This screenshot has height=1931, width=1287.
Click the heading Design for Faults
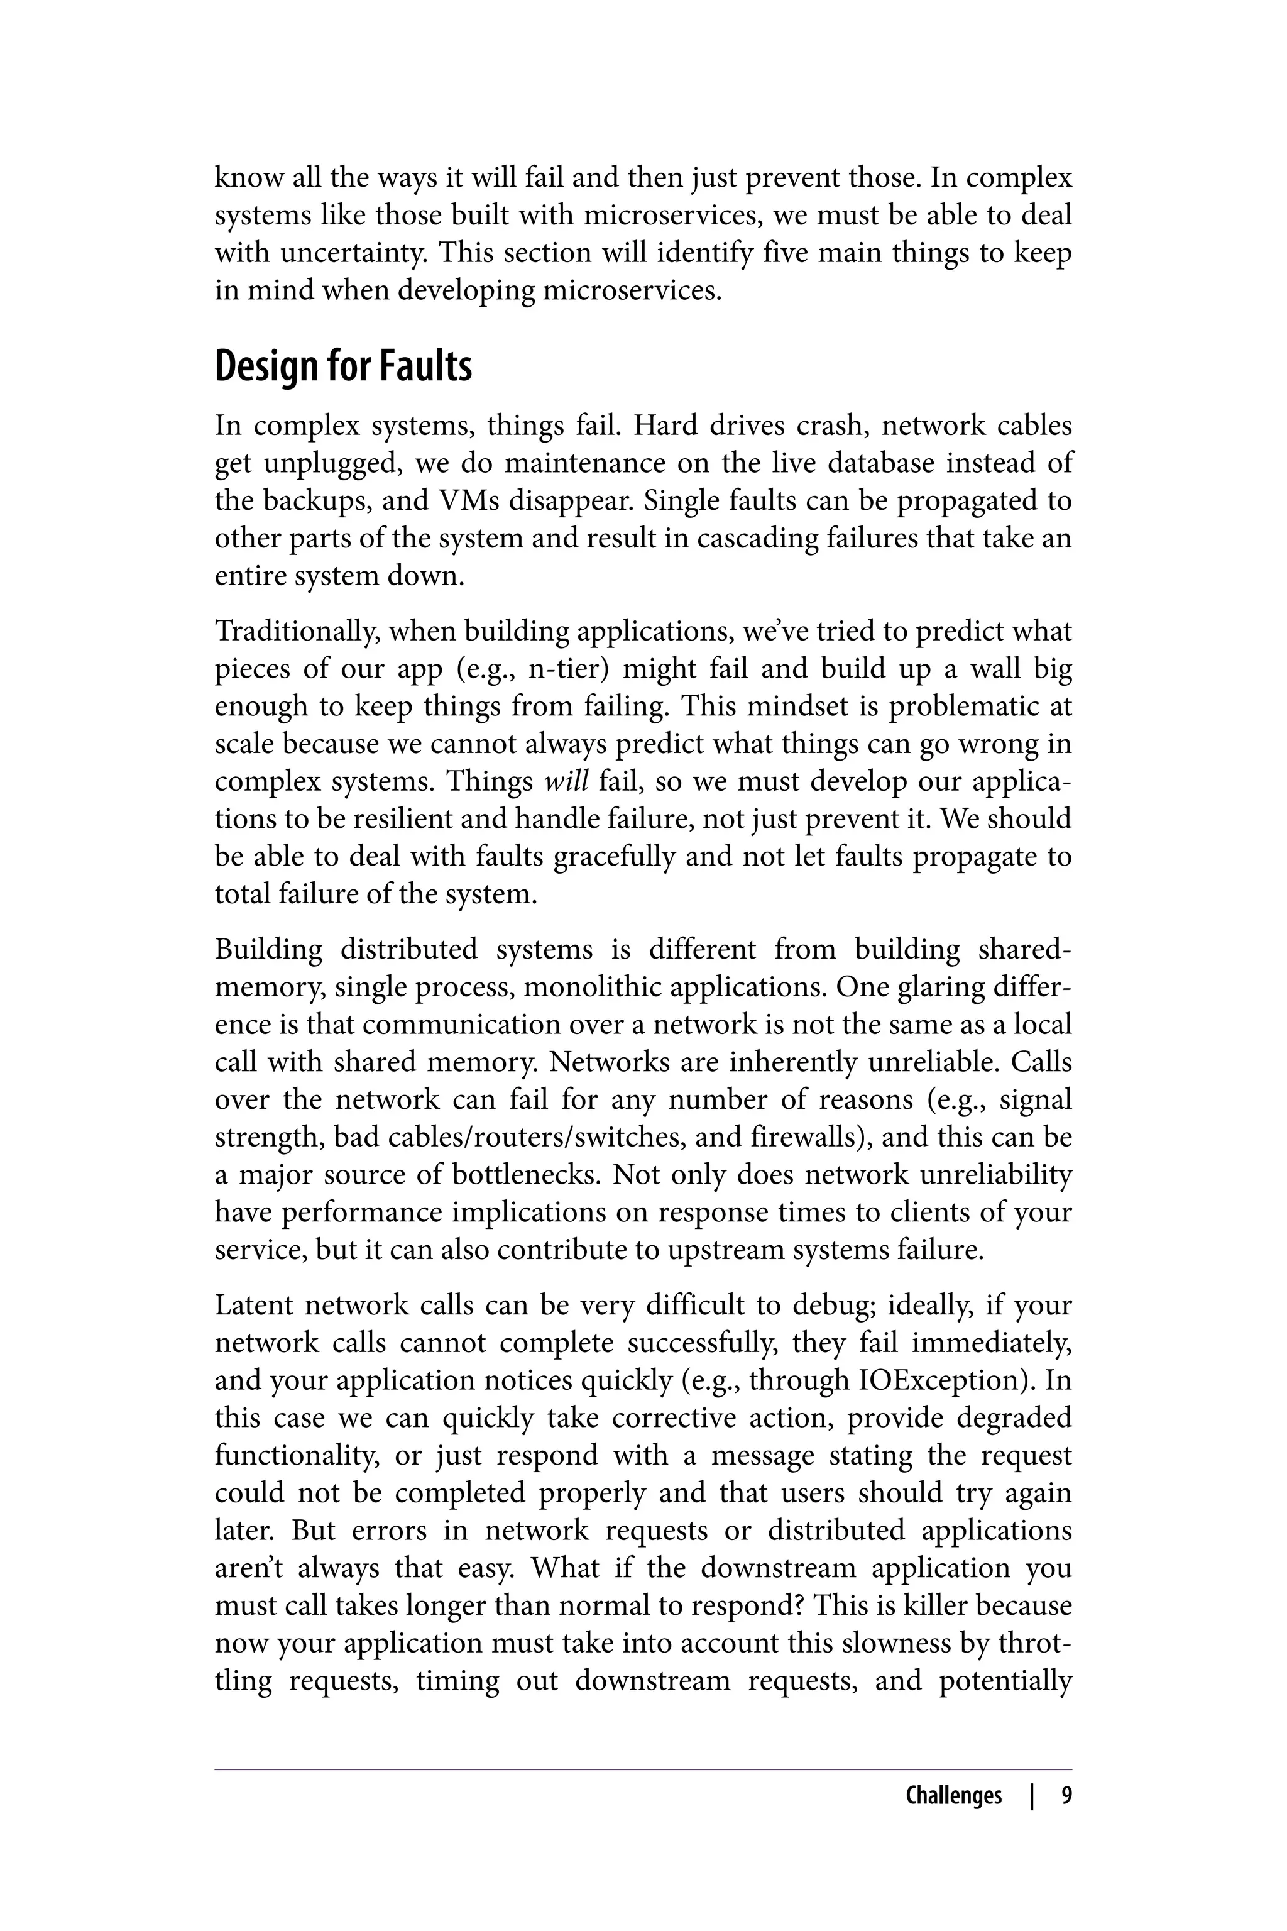[343, 366]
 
